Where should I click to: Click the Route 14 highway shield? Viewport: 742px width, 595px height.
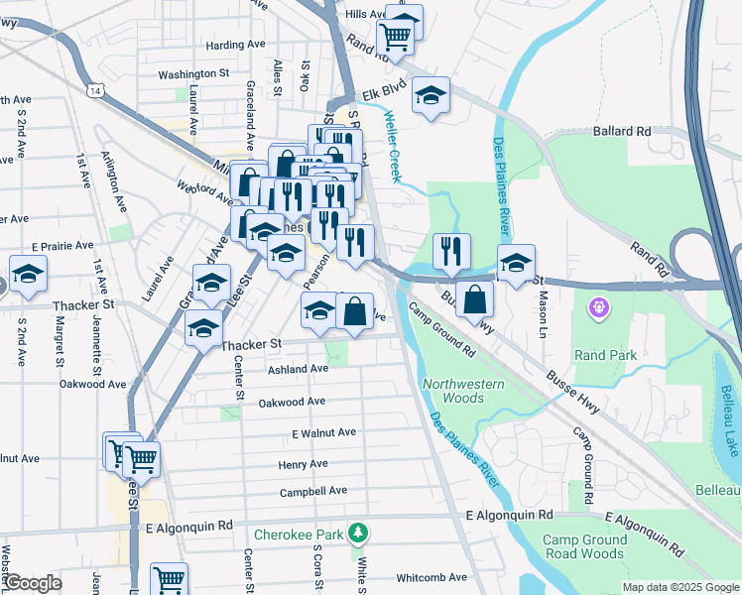tap(94, 90)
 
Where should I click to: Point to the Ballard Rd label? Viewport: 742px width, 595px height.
tap(622, 131)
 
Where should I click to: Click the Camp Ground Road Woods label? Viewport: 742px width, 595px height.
tap(584, 546)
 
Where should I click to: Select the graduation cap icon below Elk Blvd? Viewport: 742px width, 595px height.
tap(431, 97)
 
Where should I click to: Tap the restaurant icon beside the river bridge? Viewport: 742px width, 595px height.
tap(451, 253)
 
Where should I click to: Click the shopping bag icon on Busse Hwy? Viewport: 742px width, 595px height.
tap(475, 299)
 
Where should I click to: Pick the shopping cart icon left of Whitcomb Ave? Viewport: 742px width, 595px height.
tap(170, 579)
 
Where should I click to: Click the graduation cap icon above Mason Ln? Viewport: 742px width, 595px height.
tap(516, 264)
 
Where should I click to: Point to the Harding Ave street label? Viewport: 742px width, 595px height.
tap(236, 46)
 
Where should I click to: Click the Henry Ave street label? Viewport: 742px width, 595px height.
tap(303, 464)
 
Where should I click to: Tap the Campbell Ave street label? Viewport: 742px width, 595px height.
tap(312, 491)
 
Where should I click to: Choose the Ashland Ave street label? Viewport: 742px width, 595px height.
tap(298, 369)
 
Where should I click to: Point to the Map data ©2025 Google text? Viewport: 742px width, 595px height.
tap(680, 587)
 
